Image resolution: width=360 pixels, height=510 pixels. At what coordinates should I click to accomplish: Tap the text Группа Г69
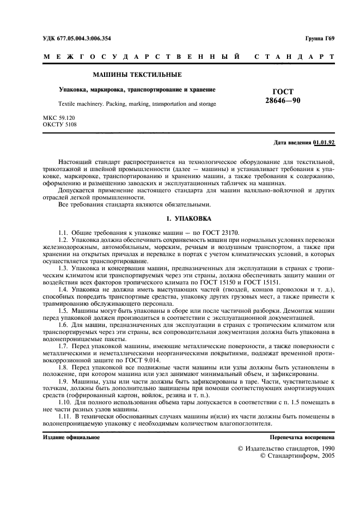click(320, 38)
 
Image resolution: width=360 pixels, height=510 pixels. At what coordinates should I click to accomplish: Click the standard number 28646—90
click(282, 101)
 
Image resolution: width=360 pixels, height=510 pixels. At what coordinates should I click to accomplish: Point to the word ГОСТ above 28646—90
click(282, 93)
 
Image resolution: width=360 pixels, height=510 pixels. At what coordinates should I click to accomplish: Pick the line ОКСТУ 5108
click(59, 125)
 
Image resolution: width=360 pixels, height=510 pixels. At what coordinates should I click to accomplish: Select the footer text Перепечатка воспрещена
click(302, 438)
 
